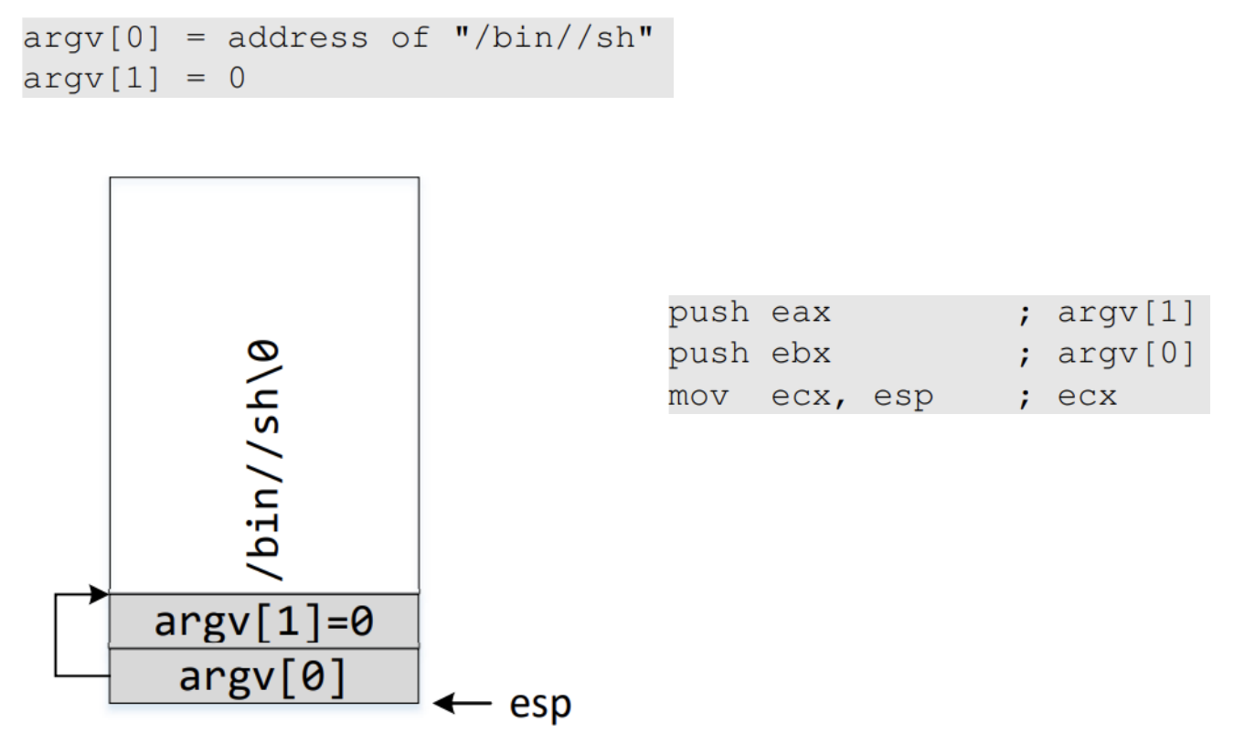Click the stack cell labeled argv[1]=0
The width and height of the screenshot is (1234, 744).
click(x=263, y=622)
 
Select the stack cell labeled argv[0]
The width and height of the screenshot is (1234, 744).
click(x=263, y=676)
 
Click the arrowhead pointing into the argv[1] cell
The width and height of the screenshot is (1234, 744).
click(x=101, y=595)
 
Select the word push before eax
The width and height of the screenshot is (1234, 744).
click(x=708, y=314)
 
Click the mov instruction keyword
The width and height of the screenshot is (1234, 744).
click(x=698, y=397)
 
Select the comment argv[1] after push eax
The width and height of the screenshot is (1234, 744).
click(x=1125, y=314)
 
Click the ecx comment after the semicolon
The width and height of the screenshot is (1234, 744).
click(x=1087, y=397)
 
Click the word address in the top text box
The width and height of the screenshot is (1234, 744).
click(x=297, y=38)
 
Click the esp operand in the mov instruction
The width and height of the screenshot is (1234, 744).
click(x=902, y=397)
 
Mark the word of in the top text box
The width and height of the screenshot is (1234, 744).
click(x=410, y=38)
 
